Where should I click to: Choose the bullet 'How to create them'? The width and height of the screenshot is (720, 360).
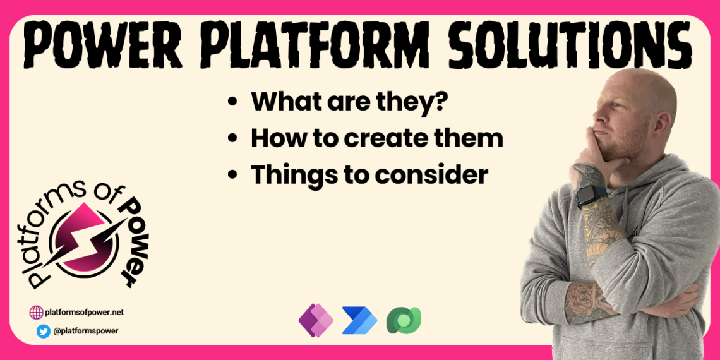[x=376, y=138]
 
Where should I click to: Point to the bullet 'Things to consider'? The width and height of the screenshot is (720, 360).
[x=369, y=175]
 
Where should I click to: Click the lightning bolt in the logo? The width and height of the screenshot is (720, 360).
[x=92, y=237]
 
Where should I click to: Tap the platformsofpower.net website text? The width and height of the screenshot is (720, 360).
[x=85, y=312]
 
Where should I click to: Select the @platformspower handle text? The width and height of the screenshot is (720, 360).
[x=85, y=331]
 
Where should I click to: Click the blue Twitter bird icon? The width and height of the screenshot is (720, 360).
[x=44, y=331]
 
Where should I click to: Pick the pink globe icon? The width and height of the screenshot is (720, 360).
[x=37, y=312]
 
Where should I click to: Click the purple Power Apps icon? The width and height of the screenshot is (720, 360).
[x=315, y=320]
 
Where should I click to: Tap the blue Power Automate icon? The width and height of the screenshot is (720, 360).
[x=359, y=320]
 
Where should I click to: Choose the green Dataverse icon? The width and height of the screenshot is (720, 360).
[x=404, y=320]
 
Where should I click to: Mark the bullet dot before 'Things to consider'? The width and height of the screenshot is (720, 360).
[x=234, y=175]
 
